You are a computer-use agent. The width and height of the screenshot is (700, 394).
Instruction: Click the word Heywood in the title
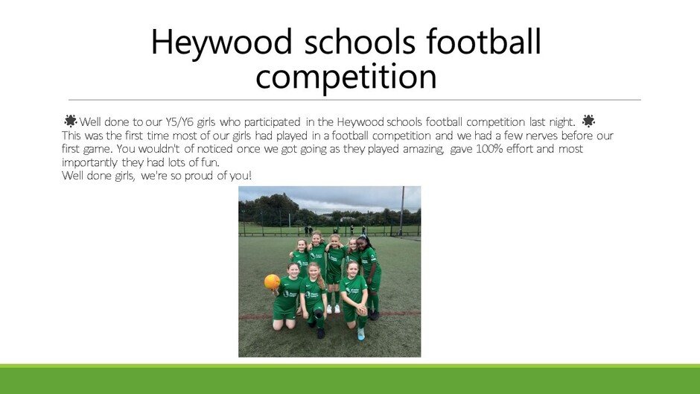point(221,42)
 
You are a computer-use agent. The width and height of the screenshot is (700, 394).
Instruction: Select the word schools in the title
point(360,41)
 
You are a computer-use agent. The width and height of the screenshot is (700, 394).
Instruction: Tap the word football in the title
point(483,41)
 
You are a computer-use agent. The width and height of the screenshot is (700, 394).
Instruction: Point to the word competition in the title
point(346,77)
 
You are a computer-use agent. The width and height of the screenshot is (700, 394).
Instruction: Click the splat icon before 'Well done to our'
point(70,121)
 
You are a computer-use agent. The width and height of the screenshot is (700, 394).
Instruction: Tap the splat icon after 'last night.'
point(588,121)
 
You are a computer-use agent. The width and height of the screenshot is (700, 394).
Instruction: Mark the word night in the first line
point(560,122)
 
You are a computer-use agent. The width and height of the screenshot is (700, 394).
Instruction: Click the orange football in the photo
point(272,282)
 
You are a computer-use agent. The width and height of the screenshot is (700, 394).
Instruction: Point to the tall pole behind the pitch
point(402,211)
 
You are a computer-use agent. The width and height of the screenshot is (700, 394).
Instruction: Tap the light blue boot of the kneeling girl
point(360,334)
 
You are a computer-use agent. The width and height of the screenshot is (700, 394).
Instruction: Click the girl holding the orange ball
point(286,296)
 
